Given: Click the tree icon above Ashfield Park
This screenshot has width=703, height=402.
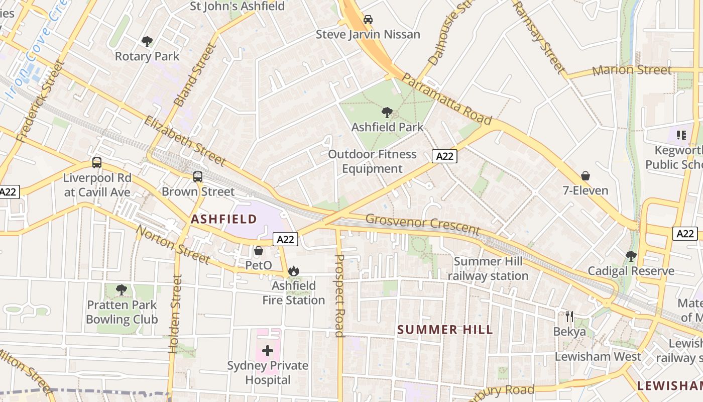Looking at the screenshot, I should pos(387,112).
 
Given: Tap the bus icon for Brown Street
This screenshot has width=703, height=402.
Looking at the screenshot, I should pos(198,177).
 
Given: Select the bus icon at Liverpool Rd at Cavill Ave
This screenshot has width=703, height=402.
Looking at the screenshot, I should pos(97,163).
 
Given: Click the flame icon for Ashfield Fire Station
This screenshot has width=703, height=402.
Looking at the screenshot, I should pos(294,271).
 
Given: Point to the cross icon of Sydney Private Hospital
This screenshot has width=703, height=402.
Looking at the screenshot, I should pos(268,350).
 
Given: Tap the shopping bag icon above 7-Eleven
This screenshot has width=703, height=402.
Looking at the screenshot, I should pos(585,176).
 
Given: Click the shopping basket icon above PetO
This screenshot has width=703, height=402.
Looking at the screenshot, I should pos(259,250).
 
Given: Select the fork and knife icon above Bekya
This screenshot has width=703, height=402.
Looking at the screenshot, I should pos(569,317).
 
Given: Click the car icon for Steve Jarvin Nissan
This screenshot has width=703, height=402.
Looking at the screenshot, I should pos(368,20).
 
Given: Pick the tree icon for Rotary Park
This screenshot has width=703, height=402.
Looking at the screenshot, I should pos(147,41).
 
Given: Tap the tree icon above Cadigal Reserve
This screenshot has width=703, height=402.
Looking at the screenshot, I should pos(631,256).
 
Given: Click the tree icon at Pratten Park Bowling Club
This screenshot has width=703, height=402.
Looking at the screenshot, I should pos(121,290).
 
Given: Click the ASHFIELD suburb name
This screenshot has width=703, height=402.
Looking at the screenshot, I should pos(224,219).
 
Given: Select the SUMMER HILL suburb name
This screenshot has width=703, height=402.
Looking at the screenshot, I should pos(445,330).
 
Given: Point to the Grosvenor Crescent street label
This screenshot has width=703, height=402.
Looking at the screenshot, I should pos(422,225).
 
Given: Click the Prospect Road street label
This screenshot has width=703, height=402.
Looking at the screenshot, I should pos(339,295).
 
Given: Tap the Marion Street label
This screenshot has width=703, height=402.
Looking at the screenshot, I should pos(632,70).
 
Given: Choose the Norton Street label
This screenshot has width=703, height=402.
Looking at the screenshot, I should pos(173,245).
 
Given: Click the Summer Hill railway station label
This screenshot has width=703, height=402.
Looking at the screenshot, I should pos(488,269).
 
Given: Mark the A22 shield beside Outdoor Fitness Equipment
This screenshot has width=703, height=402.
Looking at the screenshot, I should pos(444,156).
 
